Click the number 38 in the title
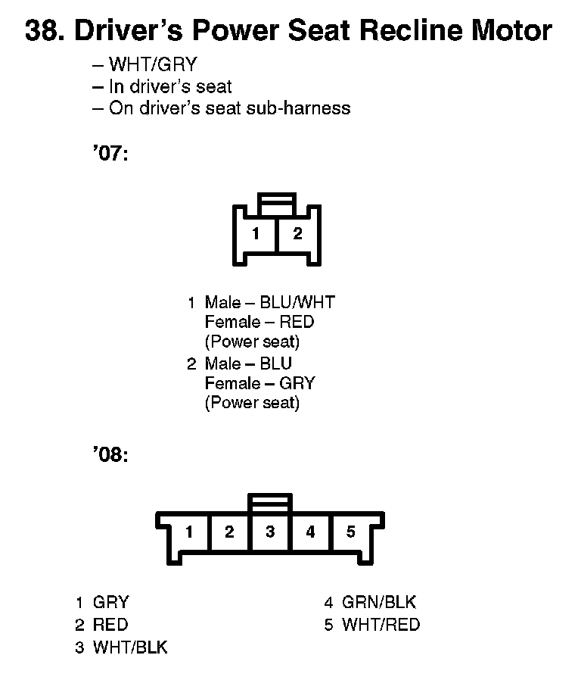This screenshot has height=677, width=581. [40, 32]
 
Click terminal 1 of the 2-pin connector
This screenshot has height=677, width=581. [256, 234]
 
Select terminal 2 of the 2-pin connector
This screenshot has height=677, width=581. [297, 234]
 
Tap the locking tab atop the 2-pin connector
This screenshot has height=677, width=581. [277, 203]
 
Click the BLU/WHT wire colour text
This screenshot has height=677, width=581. [297, 303]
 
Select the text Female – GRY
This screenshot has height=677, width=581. [259, 383]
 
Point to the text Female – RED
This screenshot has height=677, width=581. [259, 323]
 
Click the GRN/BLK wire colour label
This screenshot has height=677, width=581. [379, 603]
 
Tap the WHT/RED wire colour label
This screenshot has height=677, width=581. [381, 625]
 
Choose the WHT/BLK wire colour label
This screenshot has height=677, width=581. [130, 647]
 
